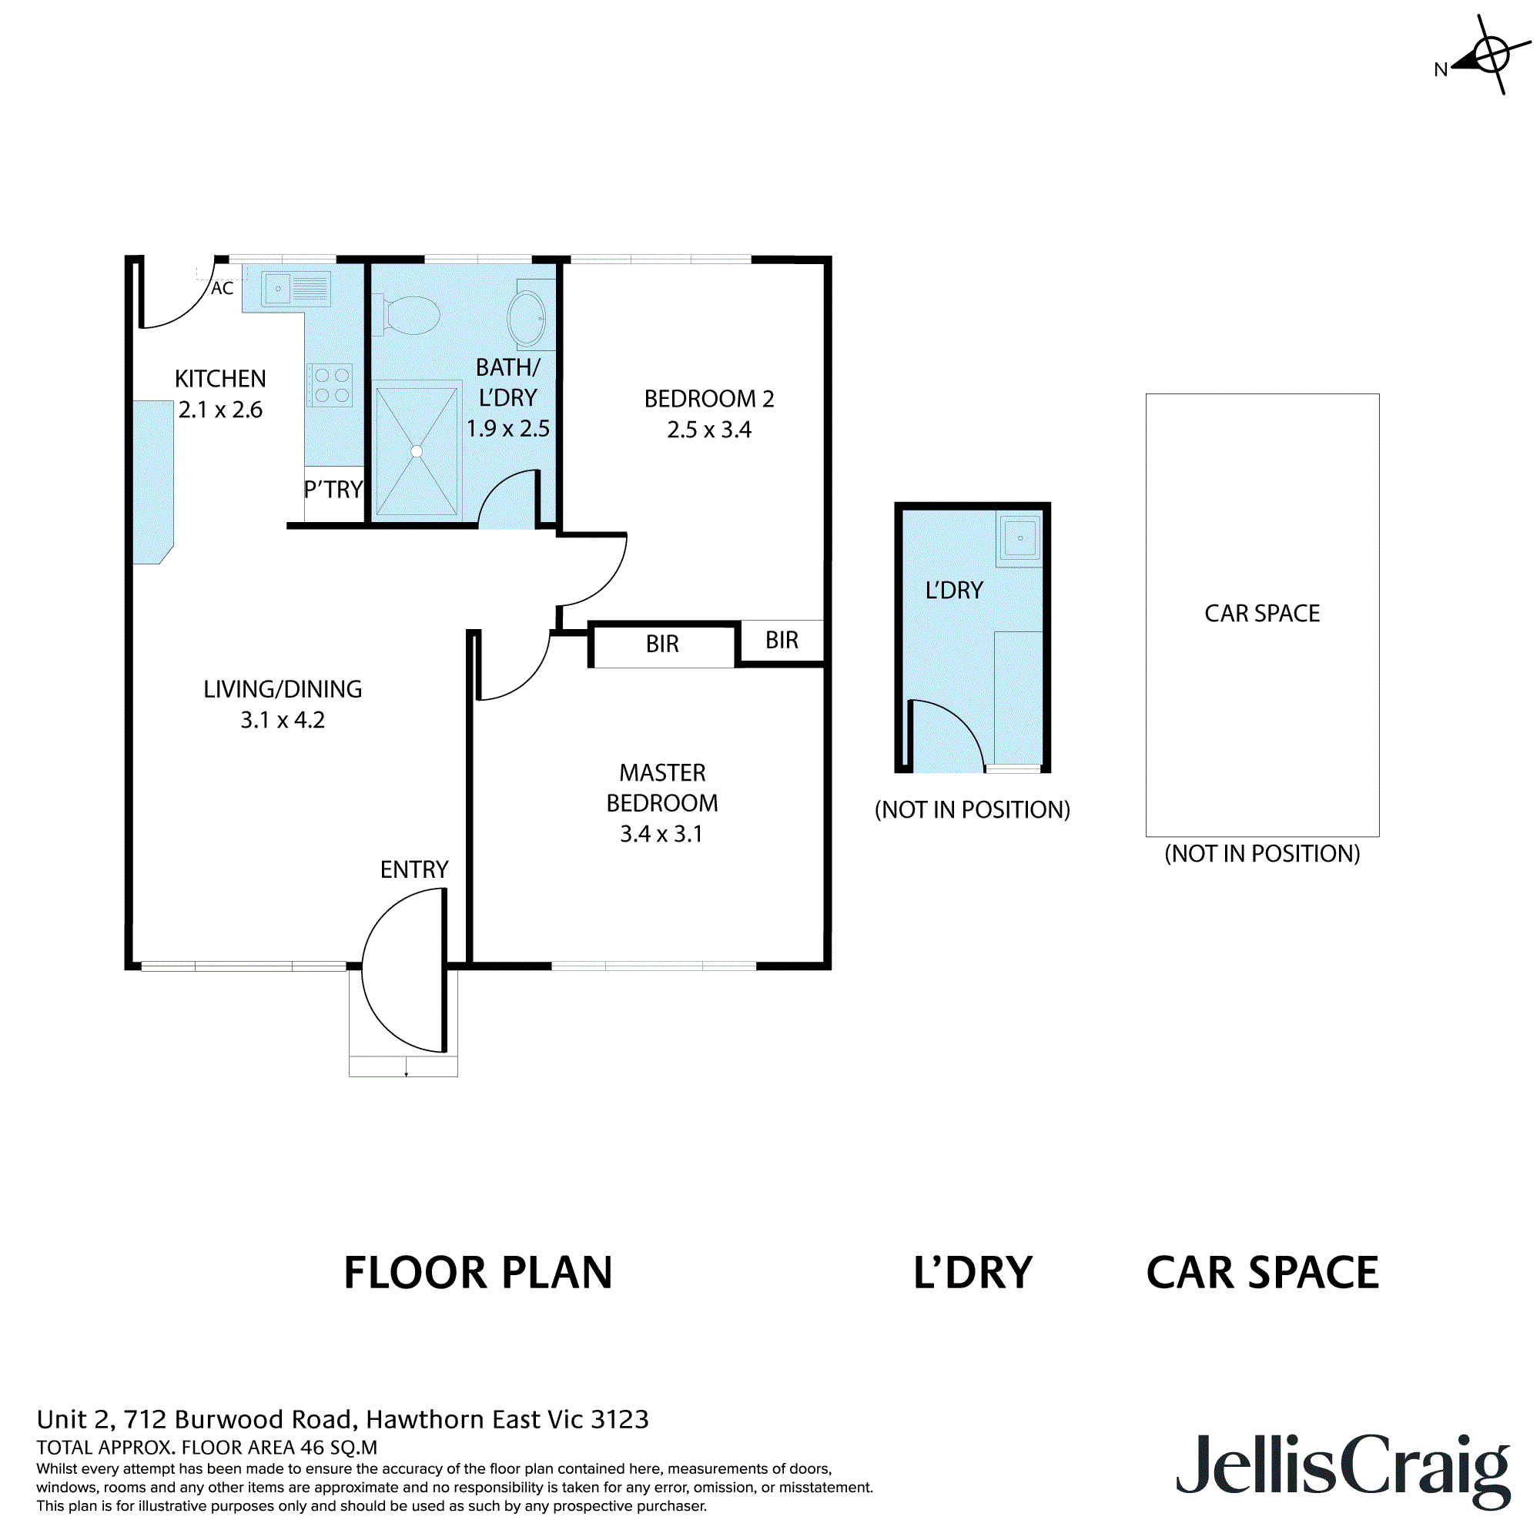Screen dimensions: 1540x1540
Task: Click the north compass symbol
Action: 1489,55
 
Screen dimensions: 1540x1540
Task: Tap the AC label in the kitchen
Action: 223,289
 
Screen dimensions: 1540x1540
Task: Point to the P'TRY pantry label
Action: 333,490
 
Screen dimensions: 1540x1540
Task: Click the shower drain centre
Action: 416,451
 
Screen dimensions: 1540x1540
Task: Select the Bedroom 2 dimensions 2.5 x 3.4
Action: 708,430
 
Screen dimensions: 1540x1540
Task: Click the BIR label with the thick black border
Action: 661,644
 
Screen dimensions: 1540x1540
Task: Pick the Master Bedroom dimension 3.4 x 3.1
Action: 661,834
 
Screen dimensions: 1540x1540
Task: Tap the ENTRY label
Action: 413,869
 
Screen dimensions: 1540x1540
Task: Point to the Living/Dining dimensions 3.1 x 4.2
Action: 282,720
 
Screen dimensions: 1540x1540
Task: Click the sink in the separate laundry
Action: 1019,538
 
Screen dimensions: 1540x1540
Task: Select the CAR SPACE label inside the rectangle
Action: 1262,613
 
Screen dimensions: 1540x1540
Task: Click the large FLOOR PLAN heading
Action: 477,1273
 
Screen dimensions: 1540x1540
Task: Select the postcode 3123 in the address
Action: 619,1420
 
